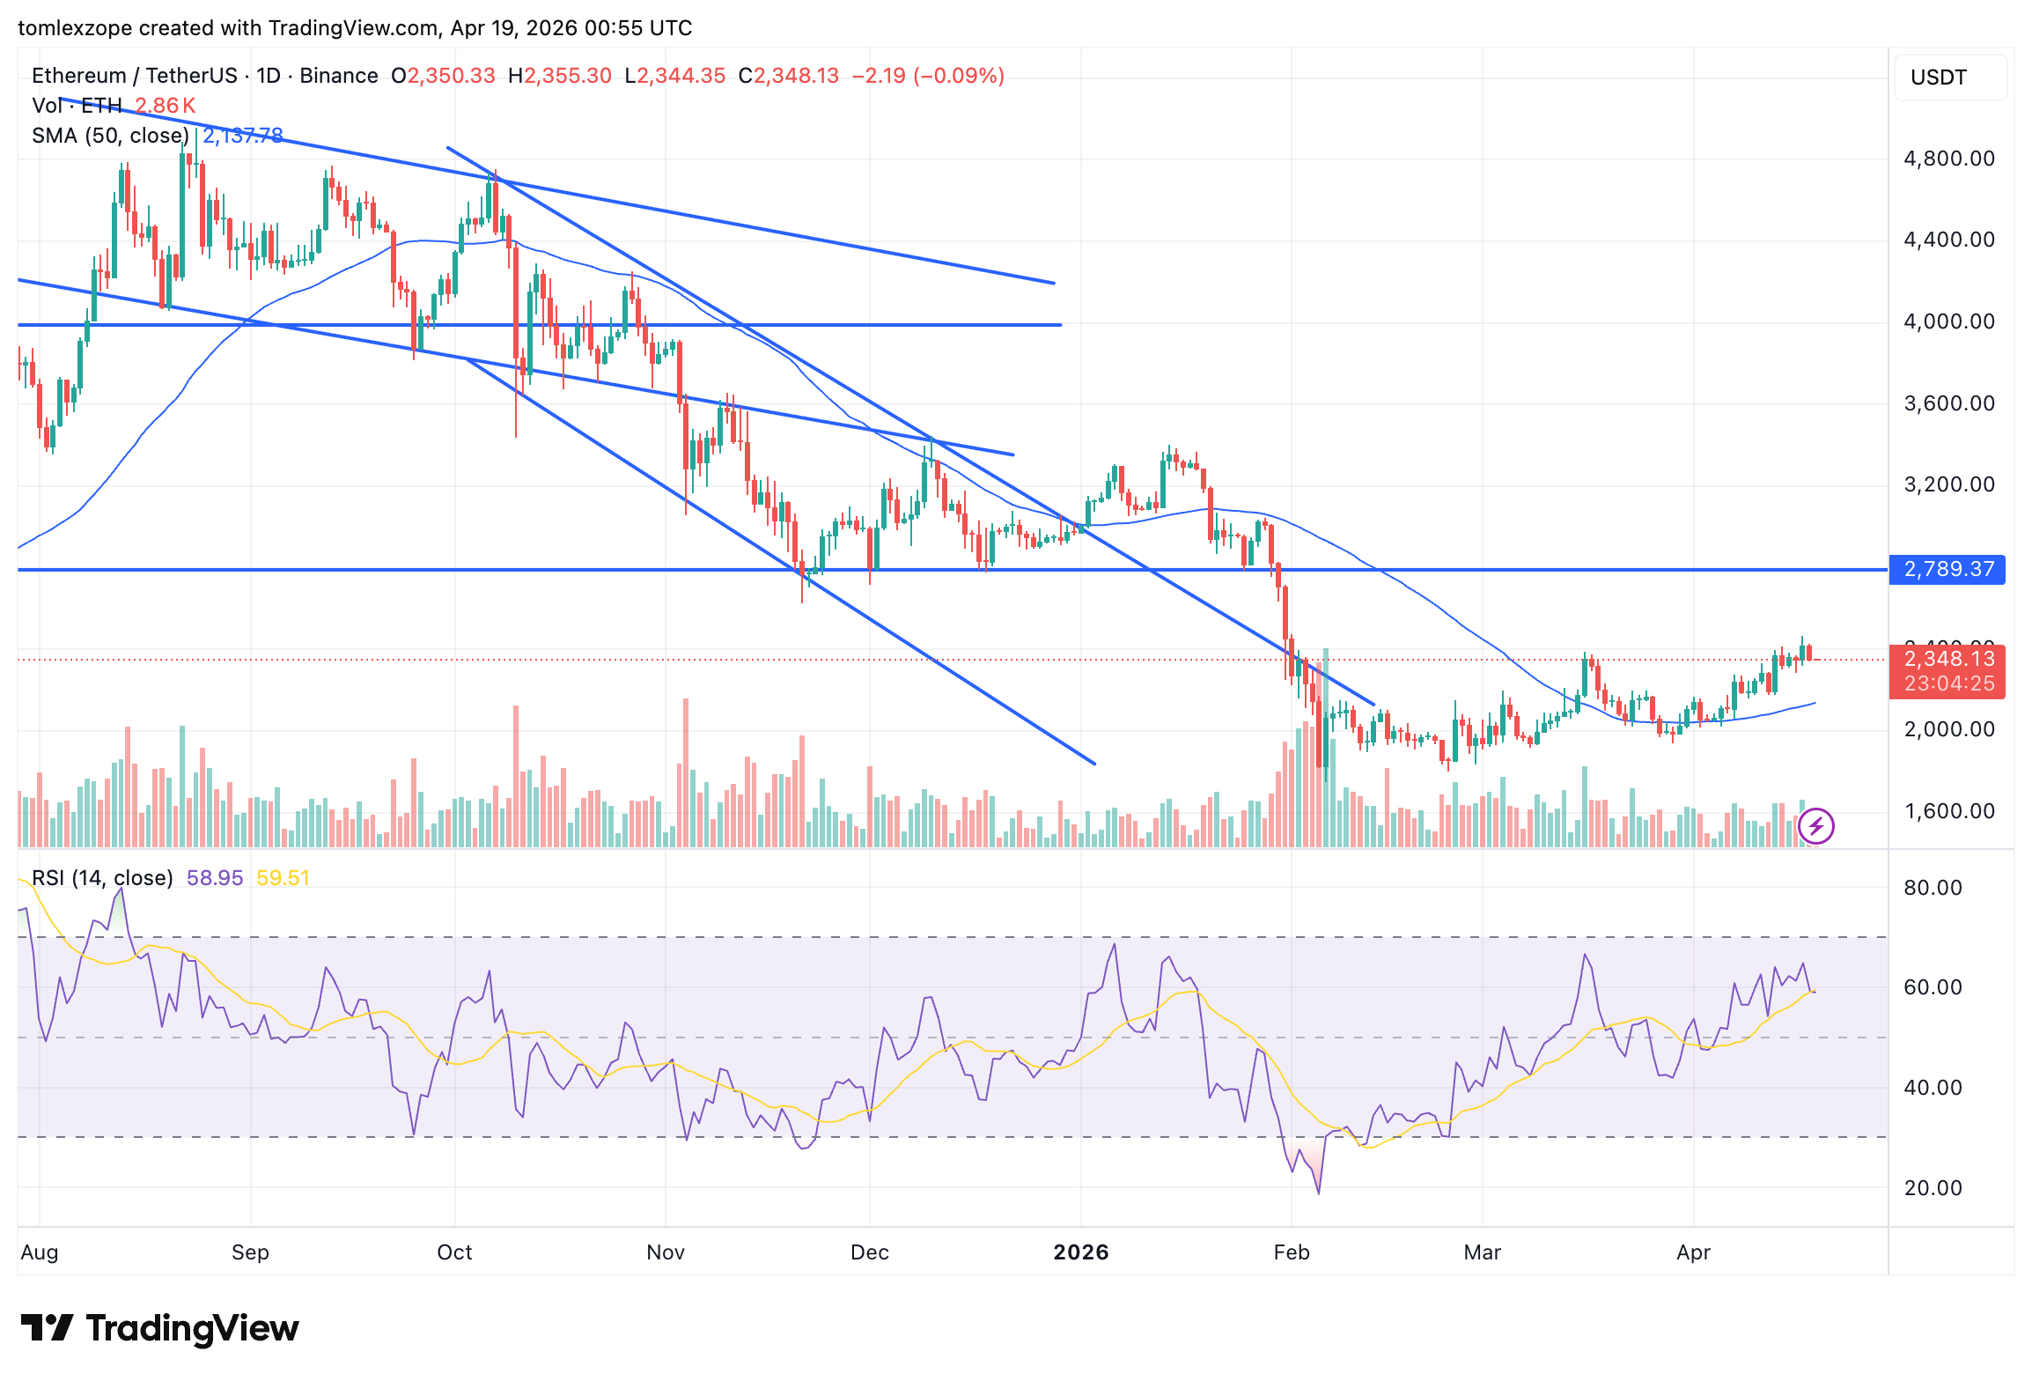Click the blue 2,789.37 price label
point(1947,569)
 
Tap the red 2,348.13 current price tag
point(1947,659)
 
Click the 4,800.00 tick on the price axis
point(1948,159)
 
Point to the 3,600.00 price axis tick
point(1948,403)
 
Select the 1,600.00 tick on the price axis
point(1948,811)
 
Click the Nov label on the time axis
point(665,1252)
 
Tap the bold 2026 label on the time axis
point(1080,1252)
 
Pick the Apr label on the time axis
point(1692,1252)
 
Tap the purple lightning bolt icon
point(1815,826)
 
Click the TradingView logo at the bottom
point(160,1328)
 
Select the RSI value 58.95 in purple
point(214,878)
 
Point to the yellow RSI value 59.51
point(283,878)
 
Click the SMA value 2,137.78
point(243,136)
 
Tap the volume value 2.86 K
point(165,106)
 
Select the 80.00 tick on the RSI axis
point(1932,888)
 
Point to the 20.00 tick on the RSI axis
point(1932,1188)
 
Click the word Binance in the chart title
point(338,76)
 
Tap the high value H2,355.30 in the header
point(559,76)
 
